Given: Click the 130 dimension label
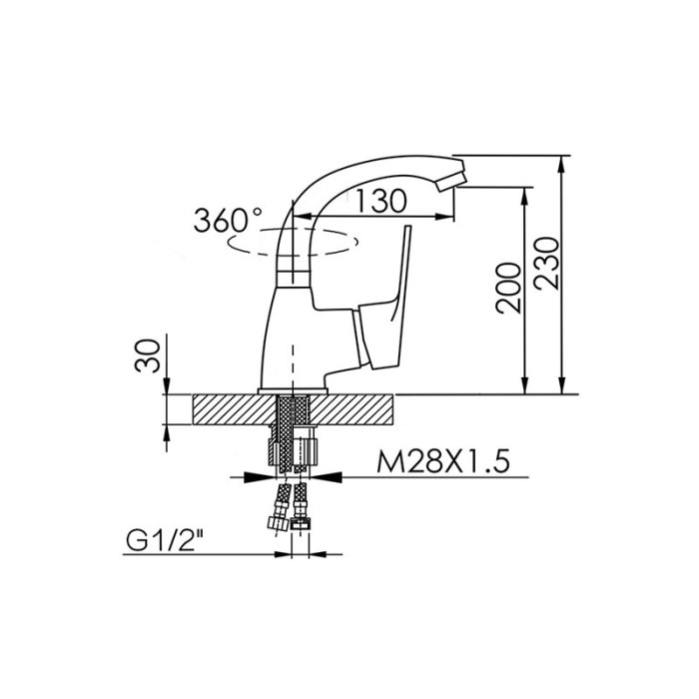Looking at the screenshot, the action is point(381,201).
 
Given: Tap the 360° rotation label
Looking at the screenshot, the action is point(228,220).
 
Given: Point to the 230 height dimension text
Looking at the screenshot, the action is point(546,263).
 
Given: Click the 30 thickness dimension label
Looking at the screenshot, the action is point(147,355).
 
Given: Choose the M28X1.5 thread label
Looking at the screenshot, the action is point(442,461).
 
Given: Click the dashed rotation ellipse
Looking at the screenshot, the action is point(293,242).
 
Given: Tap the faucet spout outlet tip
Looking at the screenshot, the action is point(451,182).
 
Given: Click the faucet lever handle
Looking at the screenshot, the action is point(383,312).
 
